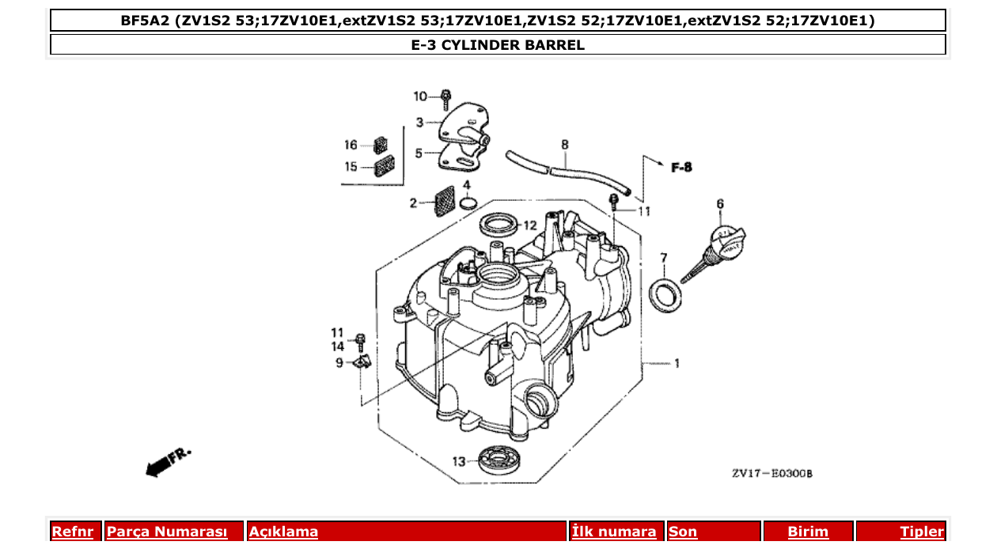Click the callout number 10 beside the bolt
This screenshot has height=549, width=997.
[420, 97]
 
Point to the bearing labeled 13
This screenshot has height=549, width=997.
[499, 460]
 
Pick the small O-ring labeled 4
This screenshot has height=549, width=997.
[468, 204]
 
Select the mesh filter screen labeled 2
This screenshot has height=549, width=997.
[444, 201]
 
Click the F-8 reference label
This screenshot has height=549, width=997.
[681, 168]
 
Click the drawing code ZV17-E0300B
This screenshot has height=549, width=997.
[771, 474]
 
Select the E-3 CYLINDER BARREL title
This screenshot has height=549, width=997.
[498, 45]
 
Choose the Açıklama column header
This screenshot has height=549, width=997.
[283, 532]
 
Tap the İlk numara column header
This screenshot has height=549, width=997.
[614, 532]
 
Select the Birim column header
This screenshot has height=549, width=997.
[807, 532]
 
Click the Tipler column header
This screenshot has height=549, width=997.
[922, 532]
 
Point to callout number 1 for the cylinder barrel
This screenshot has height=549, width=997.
[677, 364]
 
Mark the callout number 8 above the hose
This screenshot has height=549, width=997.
[565, 146]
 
